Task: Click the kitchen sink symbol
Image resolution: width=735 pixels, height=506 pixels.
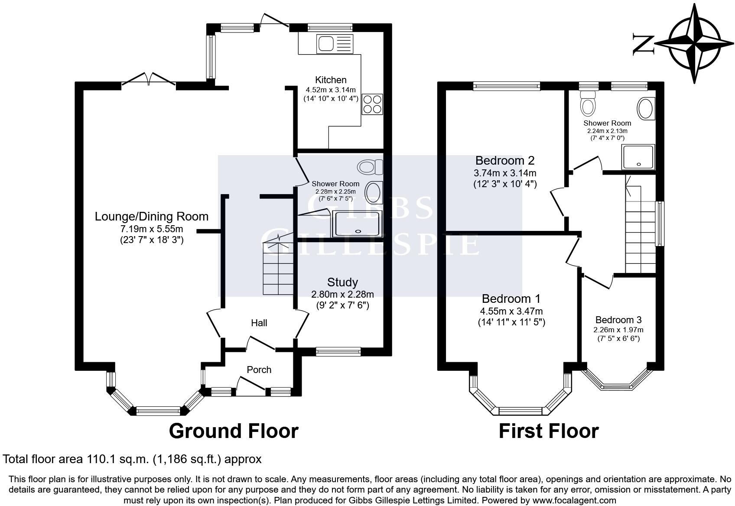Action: click(335, 44)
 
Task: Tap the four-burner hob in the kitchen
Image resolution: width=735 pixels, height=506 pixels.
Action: click(372, 104)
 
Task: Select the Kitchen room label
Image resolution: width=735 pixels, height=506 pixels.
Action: click(331, 80)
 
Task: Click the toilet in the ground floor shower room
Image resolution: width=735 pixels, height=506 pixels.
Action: click(370, 167)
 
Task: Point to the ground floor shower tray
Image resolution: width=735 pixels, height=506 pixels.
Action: click(358, 224)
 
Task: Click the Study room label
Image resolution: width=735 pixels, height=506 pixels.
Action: click(342, 282)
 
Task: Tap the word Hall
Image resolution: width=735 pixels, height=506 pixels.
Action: click(259, 323)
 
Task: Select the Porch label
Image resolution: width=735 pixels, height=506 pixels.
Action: click(259, 370)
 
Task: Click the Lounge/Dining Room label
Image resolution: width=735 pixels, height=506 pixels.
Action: click(152, 217)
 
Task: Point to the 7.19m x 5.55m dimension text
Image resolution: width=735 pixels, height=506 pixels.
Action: click(152, 229)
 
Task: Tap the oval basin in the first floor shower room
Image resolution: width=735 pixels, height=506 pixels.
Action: click(646, 109)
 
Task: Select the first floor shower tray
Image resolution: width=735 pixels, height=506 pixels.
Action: click(638, 157)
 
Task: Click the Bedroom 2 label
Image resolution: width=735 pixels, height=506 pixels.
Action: click(505, 160)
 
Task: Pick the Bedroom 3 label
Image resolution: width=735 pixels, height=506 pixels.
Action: click(618, 320)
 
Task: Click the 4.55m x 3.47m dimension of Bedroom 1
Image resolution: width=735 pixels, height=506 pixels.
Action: click(511, 311)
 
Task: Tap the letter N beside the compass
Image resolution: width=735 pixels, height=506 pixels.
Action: click(643, 45)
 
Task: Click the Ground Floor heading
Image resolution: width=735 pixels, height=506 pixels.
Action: click(234, 431)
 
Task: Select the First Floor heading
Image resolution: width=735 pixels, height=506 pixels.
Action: click(549, 431)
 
